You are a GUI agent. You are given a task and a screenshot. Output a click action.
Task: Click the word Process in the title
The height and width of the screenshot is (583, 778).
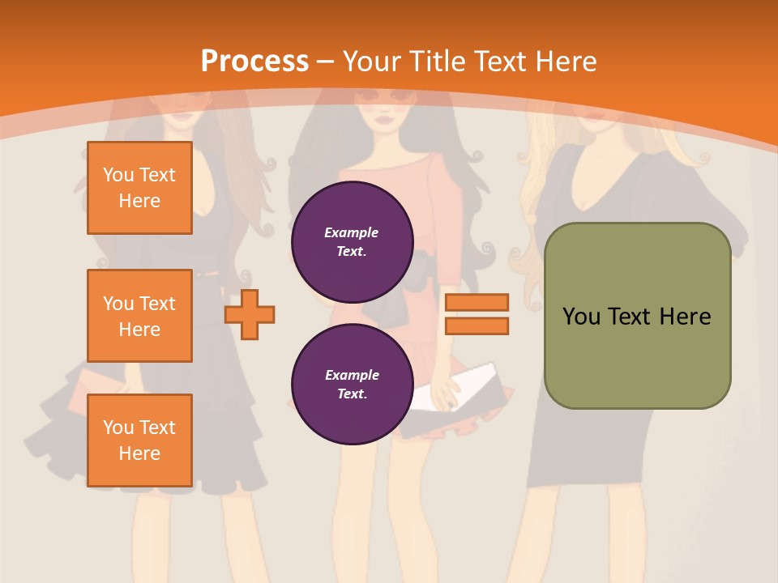254,62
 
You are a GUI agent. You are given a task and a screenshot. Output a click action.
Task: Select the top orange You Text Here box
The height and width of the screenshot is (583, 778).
139,188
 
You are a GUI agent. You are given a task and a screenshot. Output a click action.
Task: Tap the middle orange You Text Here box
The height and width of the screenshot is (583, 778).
139,316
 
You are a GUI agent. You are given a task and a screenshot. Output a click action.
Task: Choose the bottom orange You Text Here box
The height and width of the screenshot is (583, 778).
139,440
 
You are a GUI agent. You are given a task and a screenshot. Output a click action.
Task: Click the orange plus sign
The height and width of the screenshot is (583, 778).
250,314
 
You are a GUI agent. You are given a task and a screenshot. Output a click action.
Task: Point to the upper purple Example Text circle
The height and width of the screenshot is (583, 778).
352,242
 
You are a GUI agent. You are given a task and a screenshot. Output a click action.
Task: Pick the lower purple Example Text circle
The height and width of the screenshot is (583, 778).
352,385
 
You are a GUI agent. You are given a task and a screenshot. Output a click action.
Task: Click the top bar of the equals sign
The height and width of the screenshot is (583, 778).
477,303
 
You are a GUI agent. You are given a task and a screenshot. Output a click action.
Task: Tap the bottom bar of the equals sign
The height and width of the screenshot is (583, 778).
477,326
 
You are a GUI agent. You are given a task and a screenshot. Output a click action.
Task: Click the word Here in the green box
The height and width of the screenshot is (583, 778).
685,317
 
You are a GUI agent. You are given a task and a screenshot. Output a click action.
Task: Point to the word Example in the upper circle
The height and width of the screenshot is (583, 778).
352,232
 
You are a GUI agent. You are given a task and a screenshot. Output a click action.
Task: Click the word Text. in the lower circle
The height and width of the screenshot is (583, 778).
352,394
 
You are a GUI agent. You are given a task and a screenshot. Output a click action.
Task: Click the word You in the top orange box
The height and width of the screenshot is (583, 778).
118,175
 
